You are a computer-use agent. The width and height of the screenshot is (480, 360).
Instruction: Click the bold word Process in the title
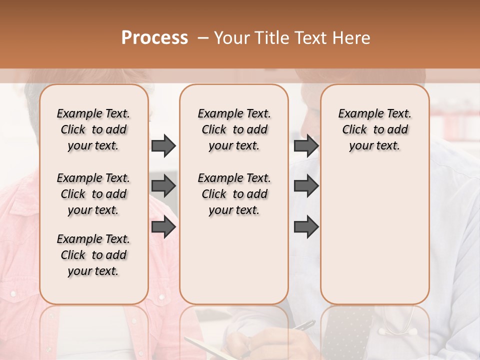click(154, 38)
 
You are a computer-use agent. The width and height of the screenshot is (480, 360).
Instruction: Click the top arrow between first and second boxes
click(163, 145)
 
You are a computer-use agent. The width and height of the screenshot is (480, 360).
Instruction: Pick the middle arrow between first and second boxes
click(163, 186)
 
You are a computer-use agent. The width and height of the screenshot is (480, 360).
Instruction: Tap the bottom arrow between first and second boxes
click(163, 227)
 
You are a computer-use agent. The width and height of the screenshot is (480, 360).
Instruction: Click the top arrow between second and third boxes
click(306, 145)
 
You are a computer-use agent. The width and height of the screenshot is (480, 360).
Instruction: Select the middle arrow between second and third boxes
click(306, 186)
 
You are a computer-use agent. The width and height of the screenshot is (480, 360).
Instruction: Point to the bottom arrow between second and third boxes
click(306, 227)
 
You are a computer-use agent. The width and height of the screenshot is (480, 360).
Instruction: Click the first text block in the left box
click(93, 129)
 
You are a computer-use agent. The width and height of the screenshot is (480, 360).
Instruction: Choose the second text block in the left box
click(93, 194)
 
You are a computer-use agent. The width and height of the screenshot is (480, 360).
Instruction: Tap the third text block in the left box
click(93, 255)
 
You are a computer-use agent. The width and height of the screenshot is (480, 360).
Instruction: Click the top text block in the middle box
click(234, 129)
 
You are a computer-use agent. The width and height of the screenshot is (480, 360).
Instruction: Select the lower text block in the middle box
click(234, 194)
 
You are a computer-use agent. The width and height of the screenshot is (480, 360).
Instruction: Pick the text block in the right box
click(374, 129)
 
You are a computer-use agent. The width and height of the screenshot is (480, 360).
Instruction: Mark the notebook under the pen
click(210, 347)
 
